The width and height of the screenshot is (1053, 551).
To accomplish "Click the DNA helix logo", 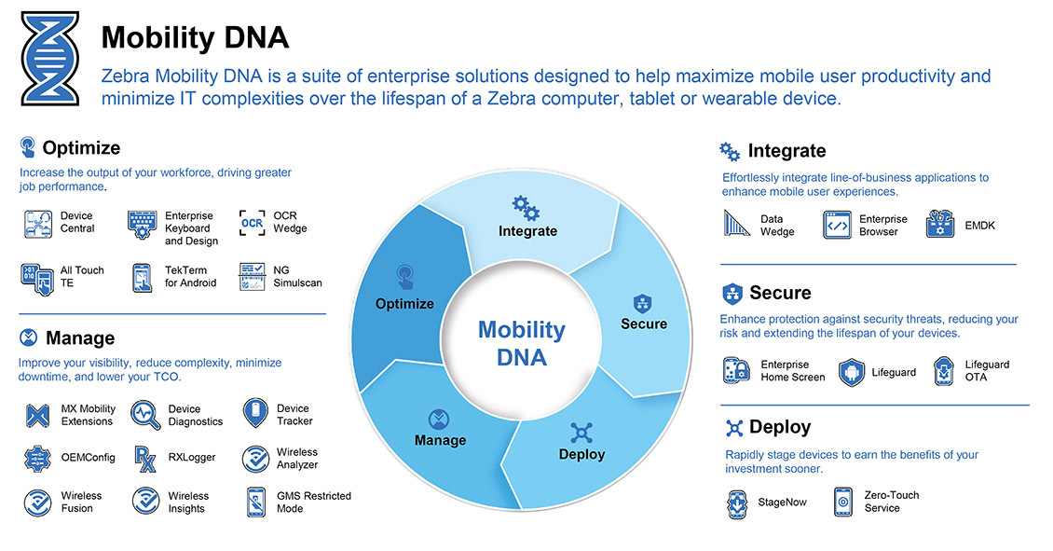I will (50, 60).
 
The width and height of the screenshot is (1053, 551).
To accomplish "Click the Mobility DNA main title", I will (195, 38).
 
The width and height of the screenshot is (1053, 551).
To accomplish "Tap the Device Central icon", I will (37, 224).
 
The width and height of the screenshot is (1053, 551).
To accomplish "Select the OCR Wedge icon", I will (252, 223).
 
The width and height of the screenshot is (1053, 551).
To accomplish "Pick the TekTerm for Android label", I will (190, 277).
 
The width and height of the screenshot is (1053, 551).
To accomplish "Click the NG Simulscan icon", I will (252, 277).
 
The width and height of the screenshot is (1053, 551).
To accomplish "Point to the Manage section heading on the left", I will (79, 337).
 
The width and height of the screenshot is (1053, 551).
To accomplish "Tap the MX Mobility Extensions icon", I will (37, 416).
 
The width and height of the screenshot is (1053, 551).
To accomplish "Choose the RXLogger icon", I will (145, 458).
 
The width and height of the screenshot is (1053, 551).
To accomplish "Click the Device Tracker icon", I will (254, 412).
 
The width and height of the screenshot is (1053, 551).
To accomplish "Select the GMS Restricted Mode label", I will (313, 503).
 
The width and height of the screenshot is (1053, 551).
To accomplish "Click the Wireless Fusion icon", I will (37, 503).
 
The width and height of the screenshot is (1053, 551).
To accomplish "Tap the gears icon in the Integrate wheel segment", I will (526, 207).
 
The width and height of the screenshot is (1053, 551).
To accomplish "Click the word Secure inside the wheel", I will (644, 324).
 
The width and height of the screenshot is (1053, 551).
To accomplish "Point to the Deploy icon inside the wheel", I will (581, 434).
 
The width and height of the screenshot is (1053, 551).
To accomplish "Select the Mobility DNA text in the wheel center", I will (521, 343).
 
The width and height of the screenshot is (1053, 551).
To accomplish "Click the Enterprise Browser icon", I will (837, 226).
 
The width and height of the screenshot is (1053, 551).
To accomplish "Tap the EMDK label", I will (979, 226).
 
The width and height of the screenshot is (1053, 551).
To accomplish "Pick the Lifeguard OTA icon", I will (945, 371).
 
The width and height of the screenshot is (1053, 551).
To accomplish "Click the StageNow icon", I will (736, 503).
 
